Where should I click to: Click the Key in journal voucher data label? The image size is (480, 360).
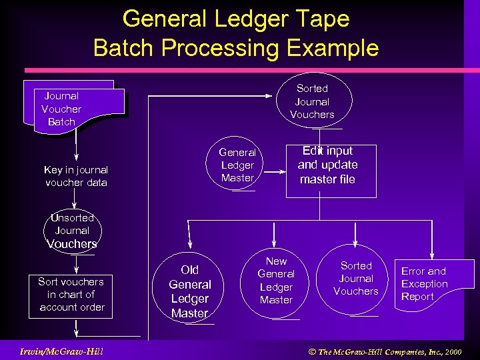[76, 176]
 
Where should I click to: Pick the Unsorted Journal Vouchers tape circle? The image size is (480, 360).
[72, 231]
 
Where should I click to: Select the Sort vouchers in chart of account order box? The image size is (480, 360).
[71, 295]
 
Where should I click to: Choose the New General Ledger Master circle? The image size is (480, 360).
[276, 281]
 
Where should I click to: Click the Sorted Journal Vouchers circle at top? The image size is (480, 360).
[312, 101]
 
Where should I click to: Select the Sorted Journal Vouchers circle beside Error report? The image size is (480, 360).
[356, 278]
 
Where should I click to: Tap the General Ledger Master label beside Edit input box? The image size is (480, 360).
[237, 165]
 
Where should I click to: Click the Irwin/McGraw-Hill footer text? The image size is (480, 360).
[61, 351]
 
